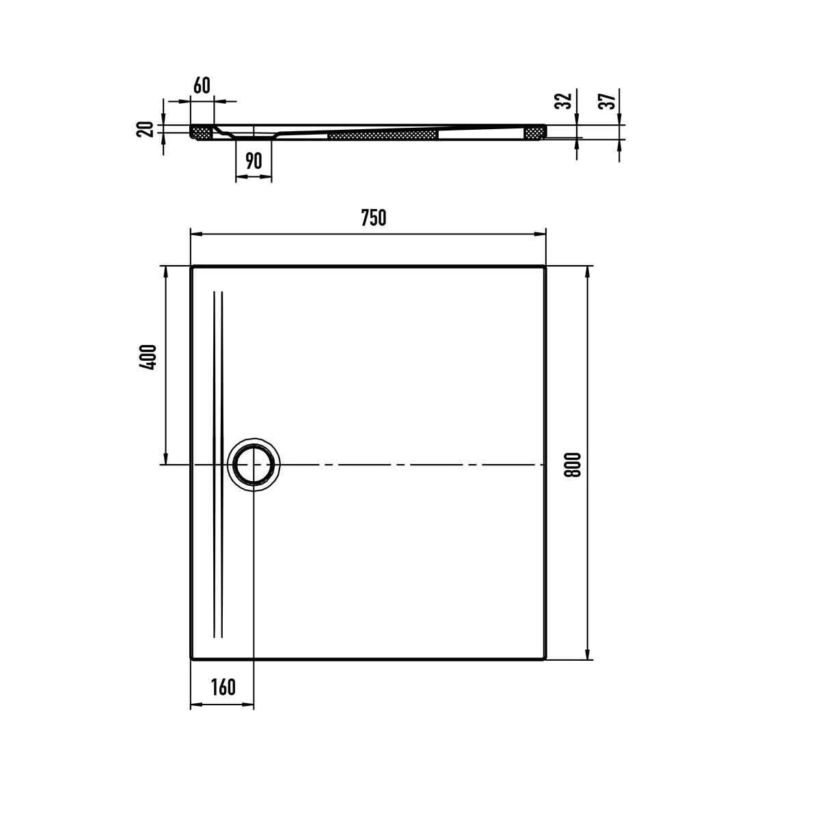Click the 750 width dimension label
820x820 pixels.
point(374,217)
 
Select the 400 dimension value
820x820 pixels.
point(148,357)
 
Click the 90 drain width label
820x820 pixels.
point(254,161)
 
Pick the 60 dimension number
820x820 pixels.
point(202,85)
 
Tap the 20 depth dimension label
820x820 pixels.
point(145,129)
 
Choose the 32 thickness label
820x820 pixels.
point(564,100)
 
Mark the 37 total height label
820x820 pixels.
point(607,100)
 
